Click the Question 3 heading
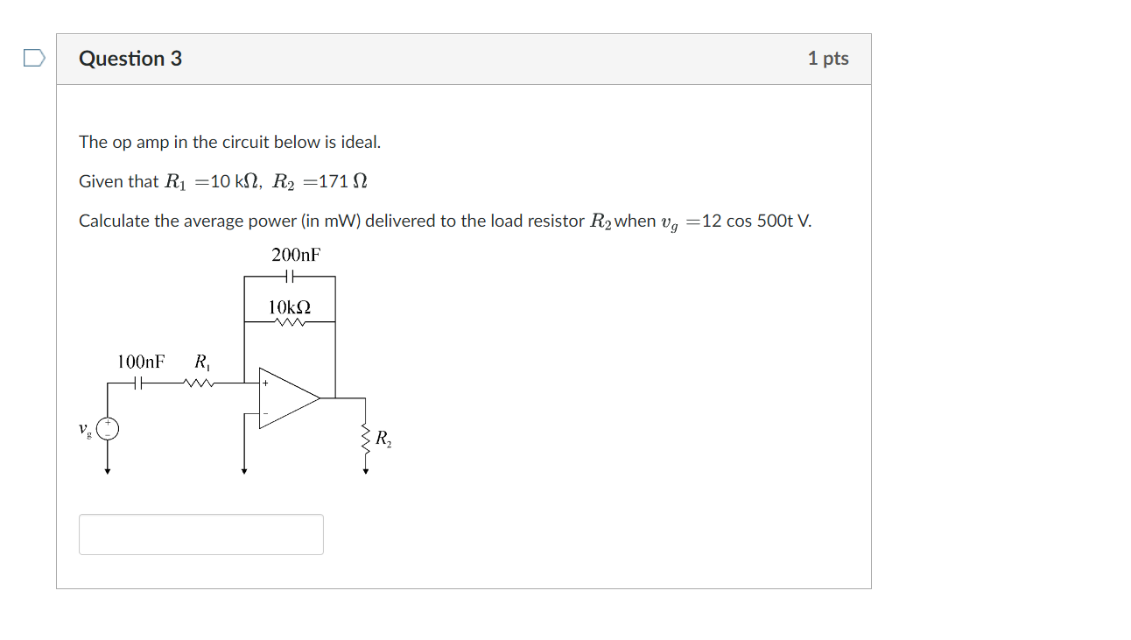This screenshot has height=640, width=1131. [130, 59]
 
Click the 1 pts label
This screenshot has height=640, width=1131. [828, 59]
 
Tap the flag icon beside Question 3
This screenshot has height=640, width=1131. [33, 59]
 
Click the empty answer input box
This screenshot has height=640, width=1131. [201, 534]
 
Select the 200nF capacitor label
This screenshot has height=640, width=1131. [296, 255]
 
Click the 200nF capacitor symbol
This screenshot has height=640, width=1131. [290, 277]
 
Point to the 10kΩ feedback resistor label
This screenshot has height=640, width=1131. [289, 307]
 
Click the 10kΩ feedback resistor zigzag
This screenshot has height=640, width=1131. [289, 322]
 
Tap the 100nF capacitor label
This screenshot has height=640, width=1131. [141, 362]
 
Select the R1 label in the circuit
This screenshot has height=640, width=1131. [201, 362]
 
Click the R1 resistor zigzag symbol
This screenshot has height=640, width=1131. [199, 383]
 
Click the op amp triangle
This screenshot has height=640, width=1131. [287, 398]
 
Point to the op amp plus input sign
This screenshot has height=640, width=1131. [265, 383]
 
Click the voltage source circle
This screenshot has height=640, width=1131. [108, 428]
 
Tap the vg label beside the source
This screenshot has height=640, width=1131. [84, 430]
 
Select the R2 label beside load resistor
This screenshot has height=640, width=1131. [383, 440]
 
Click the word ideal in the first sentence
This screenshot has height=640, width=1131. [361, 142]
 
